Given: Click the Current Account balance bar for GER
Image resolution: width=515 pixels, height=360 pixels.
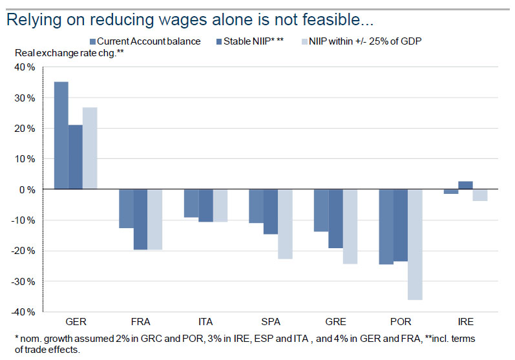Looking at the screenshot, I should (61, 136).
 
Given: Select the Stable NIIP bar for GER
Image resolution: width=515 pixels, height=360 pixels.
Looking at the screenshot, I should (75, 157).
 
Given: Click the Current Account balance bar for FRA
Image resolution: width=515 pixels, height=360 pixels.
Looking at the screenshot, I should (126, 209).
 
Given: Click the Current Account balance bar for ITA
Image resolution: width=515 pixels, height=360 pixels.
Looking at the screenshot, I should (191, 204).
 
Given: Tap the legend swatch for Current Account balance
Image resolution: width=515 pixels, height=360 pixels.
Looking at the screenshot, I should (93, 41).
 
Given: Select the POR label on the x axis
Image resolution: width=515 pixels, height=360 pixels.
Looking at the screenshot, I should (399, 321).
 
